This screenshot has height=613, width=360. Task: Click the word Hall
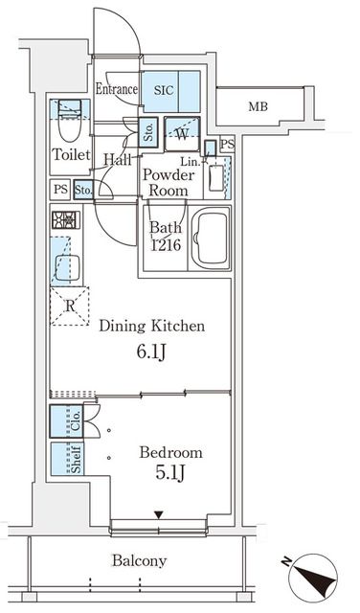coord(118,160)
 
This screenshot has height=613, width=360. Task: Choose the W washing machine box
coord(182,133)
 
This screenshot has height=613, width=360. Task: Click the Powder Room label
coord(168,182)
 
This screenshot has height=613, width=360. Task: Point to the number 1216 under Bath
coord(164,245)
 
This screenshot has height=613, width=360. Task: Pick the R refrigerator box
coord(69,306)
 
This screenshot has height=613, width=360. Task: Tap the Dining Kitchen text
coord(152,326)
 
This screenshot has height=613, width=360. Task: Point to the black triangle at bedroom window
coord(159,515)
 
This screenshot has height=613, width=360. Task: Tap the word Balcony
coord(140,561)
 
